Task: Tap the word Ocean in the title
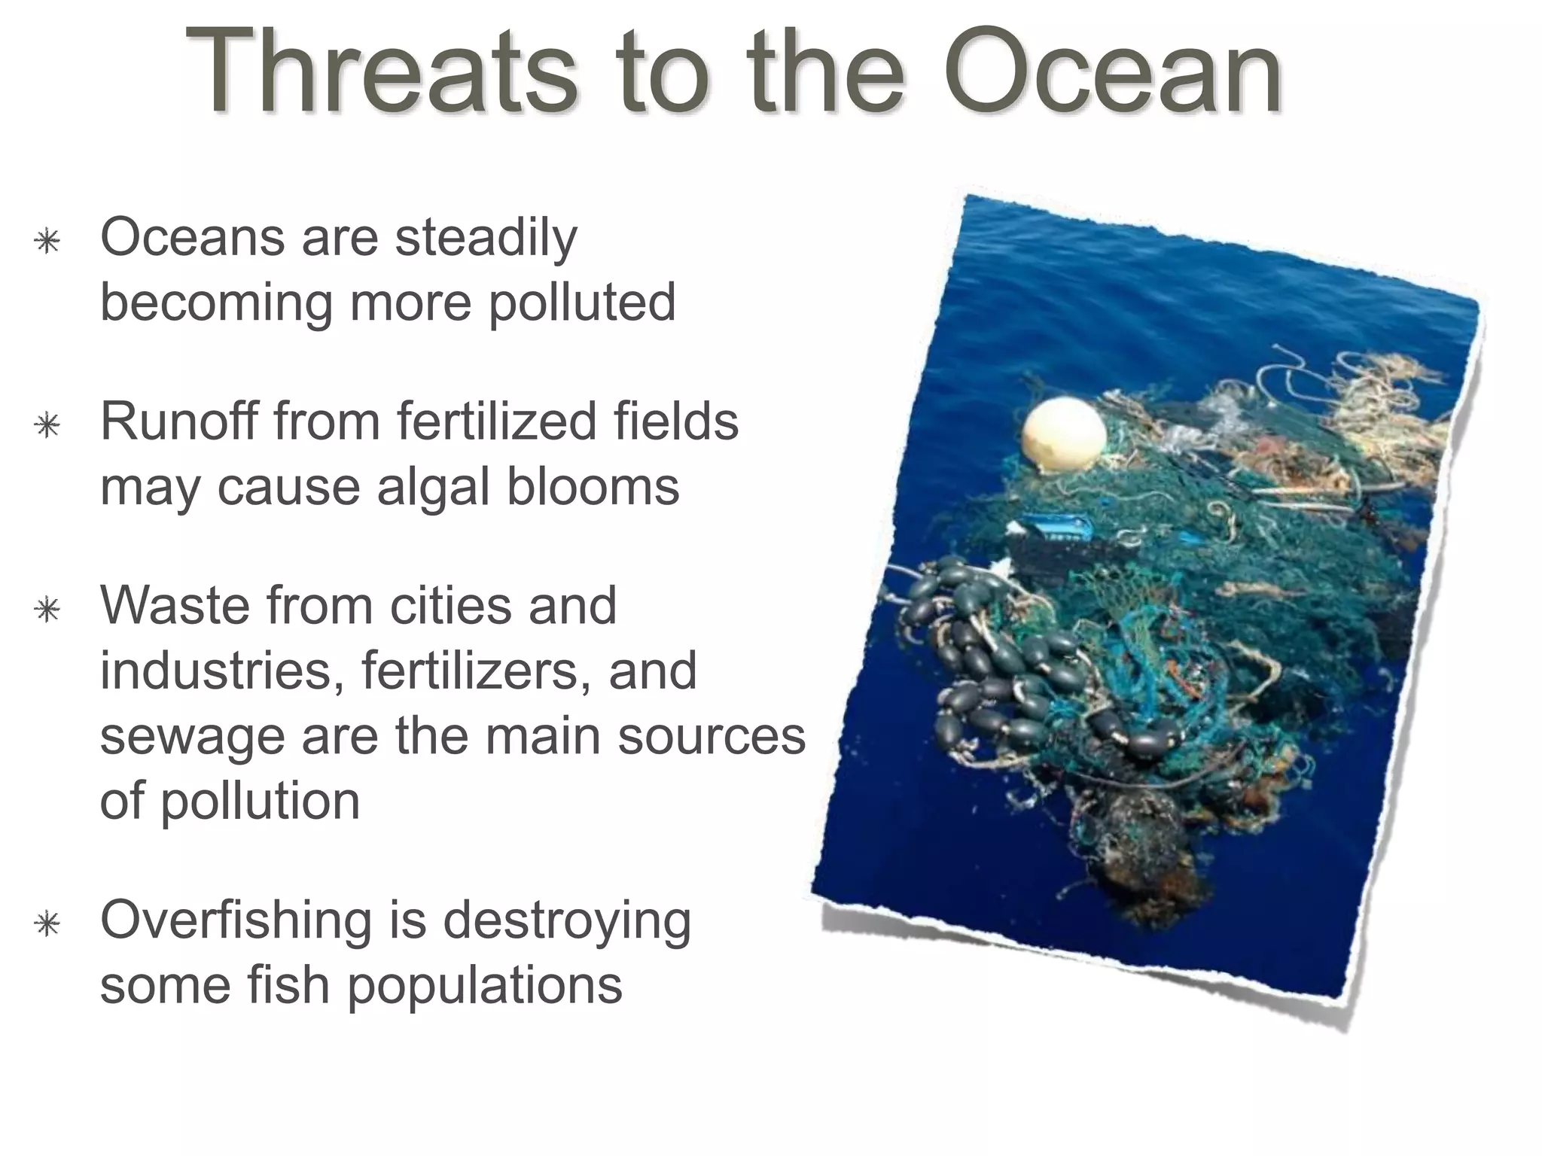pyautogui.click(x=1113, y=73)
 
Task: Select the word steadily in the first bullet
pyautogui.click(x=486, y=239)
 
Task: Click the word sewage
pyautogui.click(x=192, y=738)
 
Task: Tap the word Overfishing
pyautogui.click(x=236, y=921)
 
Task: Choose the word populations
pyautogui.click(x=484, y=987)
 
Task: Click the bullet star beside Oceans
pyautogui.click(x=47, y=242)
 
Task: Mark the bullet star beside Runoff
pyautogui.click(x=47, y=425)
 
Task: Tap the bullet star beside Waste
pyautogui.click(x=47, y=609)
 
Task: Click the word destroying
pyautogui.click(x=566, y=923)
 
